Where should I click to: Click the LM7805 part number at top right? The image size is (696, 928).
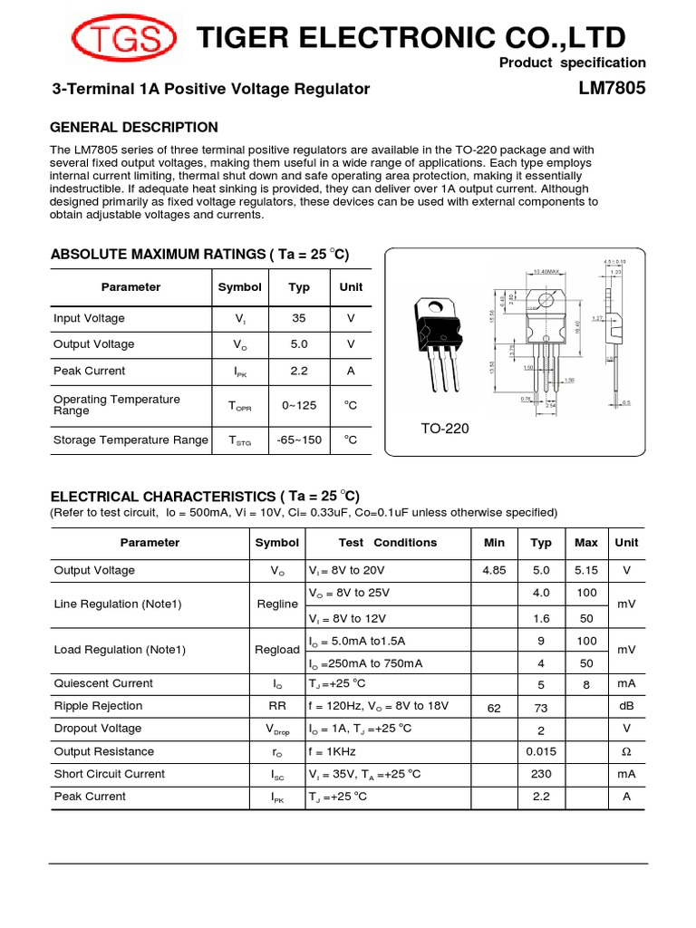point(612,89)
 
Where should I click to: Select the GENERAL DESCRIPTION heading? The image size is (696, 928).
point(133,127)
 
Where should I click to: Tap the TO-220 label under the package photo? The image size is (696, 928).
point(444,429)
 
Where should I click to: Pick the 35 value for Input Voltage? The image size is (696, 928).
point(299,318)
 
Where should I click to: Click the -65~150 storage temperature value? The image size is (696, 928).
point(299,440)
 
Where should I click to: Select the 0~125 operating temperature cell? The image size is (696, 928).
point(299,405)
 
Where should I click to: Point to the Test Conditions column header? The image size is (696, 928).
point(387,543)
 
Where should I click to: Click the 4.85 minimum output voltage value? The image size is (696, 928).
point(495,571)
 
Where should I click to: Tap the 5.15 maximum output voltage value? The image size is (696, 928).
point(586,571)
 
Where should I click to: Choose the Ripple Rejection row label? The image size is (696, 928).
point(98,706)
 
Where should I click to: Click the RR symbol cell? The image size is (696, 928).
point(276,706)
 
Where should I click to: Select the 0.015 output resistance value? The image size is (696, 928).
point(541,751)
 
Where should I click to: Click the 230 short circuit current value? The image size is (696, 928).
point(541,774)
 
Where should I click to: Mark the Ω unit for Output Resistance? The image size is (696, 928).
point(626,751)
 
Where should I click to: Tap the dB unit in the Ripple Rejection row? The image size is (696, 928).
point(626,706)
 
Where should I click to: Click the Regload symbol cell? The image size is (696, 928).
point(276,650)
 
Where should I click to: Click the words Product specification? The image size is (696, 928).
point(573,63)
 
